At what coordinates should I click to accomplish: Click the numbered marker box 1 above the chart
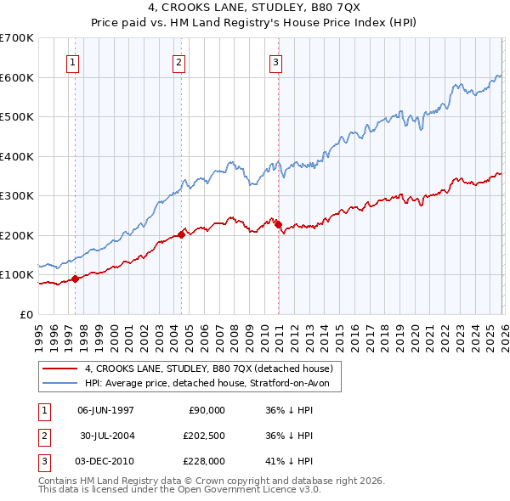74,61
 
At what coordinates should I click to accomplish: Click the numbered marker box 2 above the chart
179,61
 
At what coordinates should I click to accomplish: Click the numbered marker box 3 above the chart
276,61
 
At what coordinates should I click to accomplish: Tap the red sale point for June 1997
75,279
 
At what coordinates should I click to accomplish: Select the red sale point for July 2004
181,234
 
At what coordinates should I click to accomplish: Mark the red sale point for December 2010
278,224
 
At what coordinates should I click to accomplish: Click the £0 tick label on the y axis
25,314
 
